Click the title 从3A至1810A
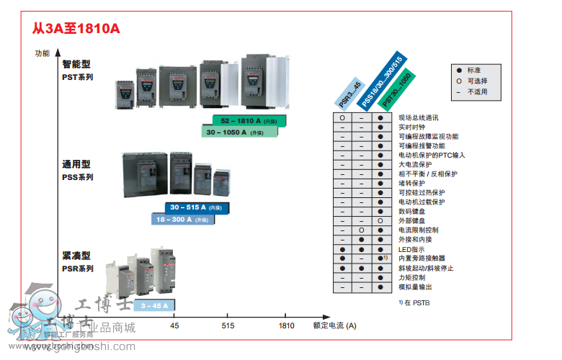(x=76, y=30)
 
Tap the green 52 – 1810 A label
(x=248, y=121)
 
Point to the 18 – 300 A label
(x=183, y=219)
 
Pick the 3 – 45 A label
(x=154, y=306)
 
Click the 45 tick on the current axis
(x=174, y=326)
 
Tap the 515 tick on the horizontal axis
(x=228, y=326)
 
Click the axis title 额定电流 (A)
(x=334, y=326)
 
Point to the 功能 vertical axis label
(x=43, y=53)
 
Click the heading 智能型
(x=76, y=64)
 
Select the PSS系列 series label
(x=77, y=177)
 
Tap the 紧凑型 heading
(x=76, y=256)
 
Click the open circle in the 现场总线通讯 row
(x=342, y=117)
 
